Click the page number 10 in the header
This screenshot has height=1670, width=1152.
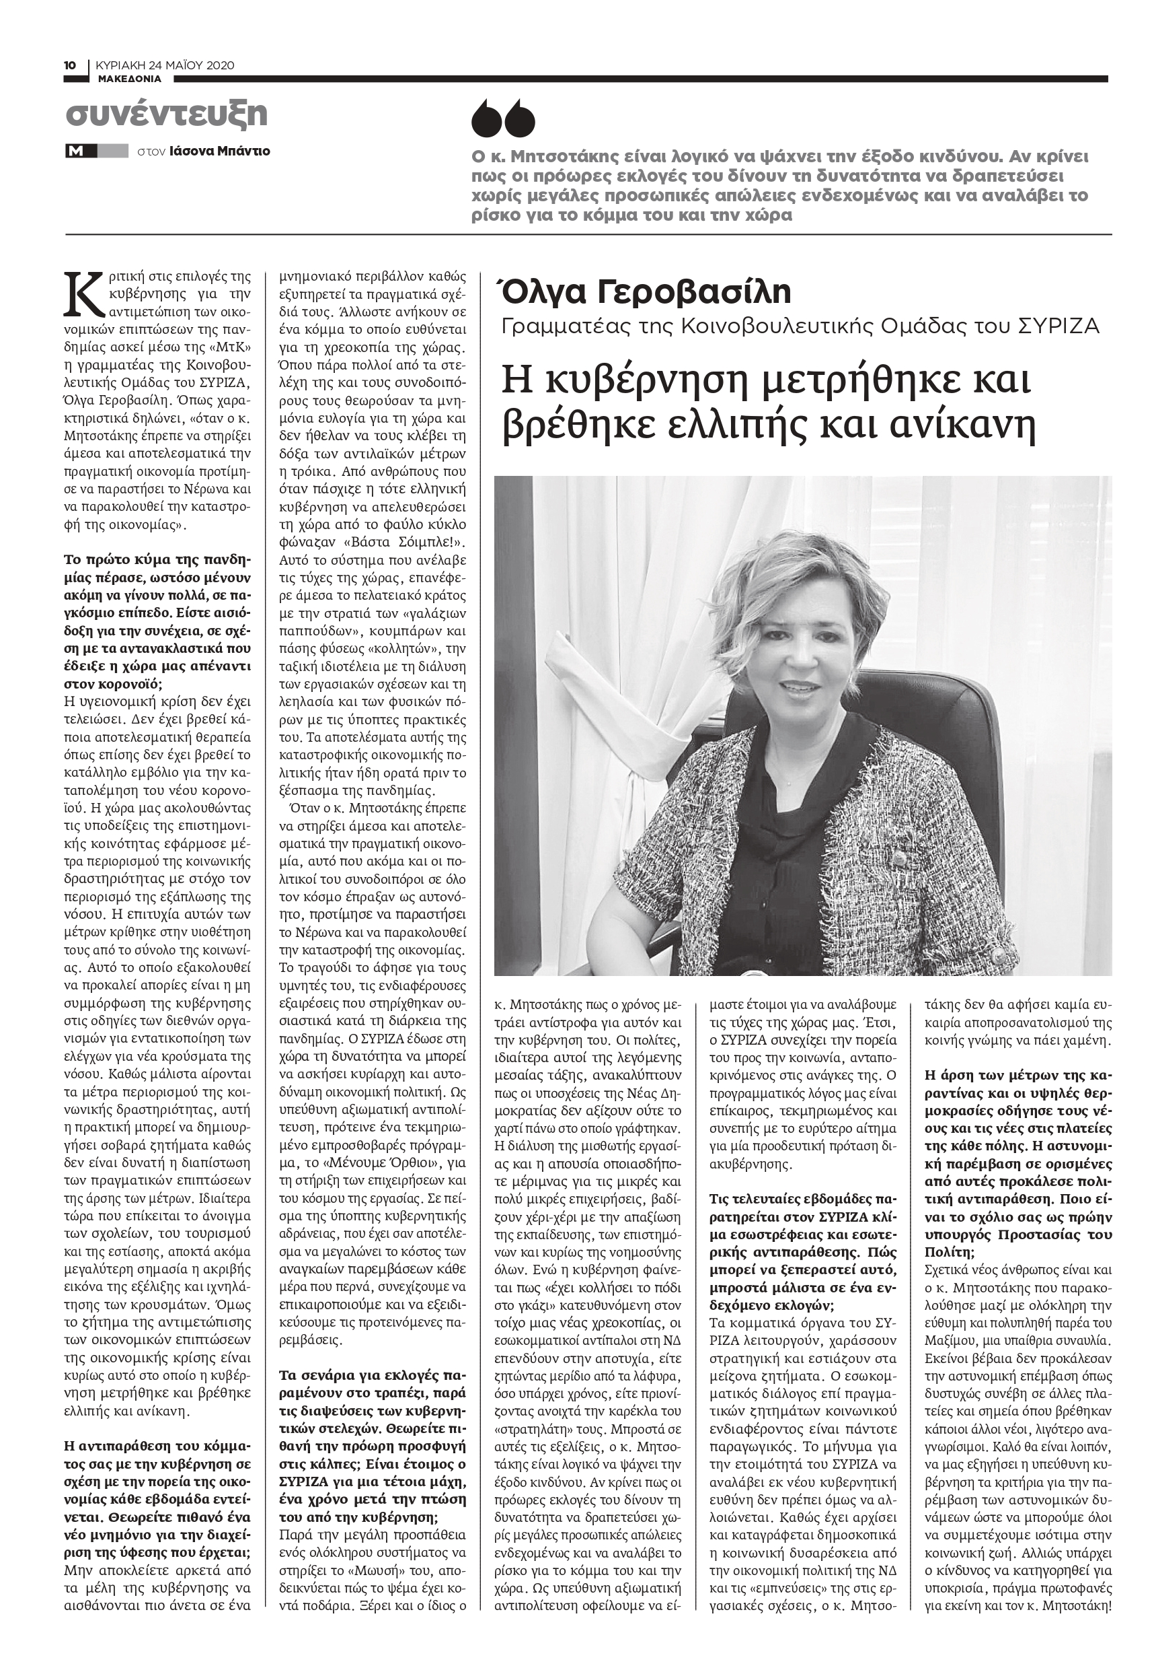(x=70, y=66)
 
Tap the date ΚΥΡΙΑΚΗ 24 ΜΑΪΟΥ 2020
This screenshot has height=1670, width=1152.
(x=165, y=66)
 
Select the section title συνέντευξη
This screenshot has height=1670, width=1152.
(x=166, y=114)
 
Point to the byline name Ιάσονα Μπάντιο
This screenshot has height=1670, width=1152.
(x=220, y=151)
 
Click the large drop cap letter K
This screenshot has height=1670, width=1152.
(x=83, y=294)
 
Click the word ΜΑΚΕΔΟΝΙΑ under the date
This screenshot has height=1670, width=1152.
(x=130, y=79)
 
